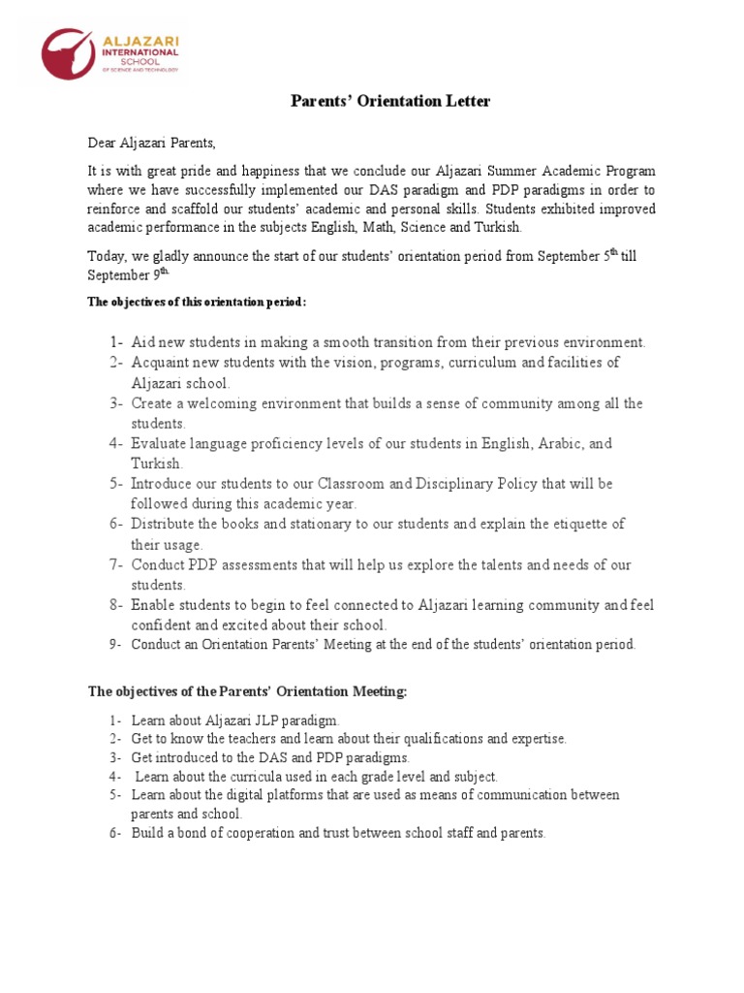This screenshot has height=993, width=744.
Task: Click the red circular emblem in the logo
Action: point(68,54)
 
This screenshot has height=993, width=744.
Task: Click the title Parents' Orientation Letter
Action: point(391,102)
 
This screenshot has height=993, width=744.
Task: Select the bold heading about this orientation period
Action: point(198,302)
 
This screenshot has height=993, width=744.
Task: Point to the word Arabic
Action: point(561,443)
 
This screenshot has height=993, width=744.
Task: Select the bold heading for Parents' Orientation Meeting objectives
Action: point(248,691)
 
